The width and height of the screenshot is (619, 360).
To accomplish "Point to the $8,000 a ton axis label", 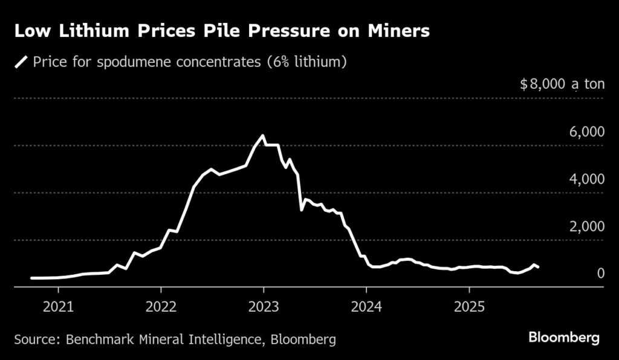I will (x=562, y=84).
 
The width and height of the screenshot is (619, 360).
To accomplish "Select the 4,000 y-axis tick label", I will (x=587, y=179).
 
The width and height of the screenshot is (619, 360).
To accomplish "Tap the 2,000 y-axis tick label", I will (x=587, y=227).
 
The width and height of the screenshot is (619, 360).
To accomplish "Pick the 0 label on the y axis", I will (x=601, y=274).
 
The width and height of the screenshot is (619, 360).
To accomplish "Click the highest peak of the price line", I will (x=262, y=136).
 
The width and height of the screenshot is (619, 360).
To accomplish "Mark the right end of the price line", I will (x=539, y=267).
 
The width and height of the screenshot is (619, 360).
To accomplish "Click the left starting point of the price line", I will (x=31, y=278).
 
